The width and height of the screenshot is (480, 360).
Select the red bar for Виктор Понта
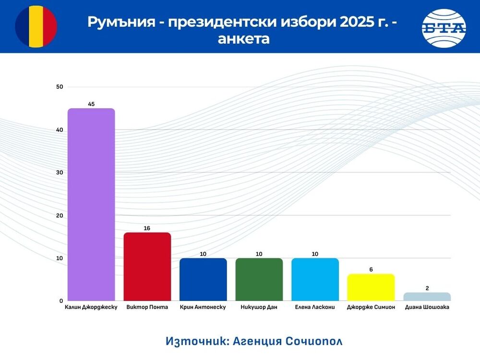[x=147, y=267]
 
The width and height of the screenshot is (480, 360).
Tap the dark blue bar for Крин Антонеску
[x=203, y=279]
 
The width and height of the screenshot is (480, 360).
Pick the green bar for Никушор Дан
[x=259, y=279]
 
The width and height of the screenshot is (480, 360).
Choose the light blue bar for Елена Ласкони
[x=315, y=279]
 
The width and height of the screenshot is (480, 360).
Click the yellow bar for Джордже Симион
[x=371, y=288]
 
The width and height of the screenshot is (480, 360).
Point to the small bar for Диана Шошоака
[x=427, y=297]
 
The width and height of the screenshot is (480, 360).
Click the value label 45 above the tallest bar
[x=91, y=104]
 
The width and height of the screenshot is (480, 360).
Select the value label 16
[x=147, y=228]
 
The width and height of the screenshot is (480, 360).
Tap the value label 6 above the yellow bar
[x=371, y=270]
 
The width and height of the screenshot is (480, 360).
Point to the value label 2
[x=427, y=288]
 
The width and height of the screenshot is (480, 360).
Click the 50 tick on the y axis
[x=60, y=87]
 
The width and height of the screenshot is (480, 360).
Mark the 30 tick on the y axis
[x=60, y=172]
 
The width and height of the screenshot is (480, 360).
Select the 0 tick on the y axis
[x=61, y=301]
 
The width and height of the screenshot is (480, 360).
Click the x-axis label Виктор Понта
[x=147, y=307]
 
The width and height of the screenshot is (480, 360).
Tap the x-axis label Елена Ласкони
[x=315, y=307]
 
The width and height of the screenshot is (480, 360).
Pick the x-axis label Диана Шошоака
[x=427, y=307]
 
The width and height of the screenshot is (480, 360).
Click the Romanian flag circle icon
[x=36, y=26]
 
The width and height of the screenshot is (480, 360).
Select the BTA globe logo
[x=444, y=28]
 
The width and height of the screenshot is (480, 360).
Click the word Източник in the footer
[x=196, y=341]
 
